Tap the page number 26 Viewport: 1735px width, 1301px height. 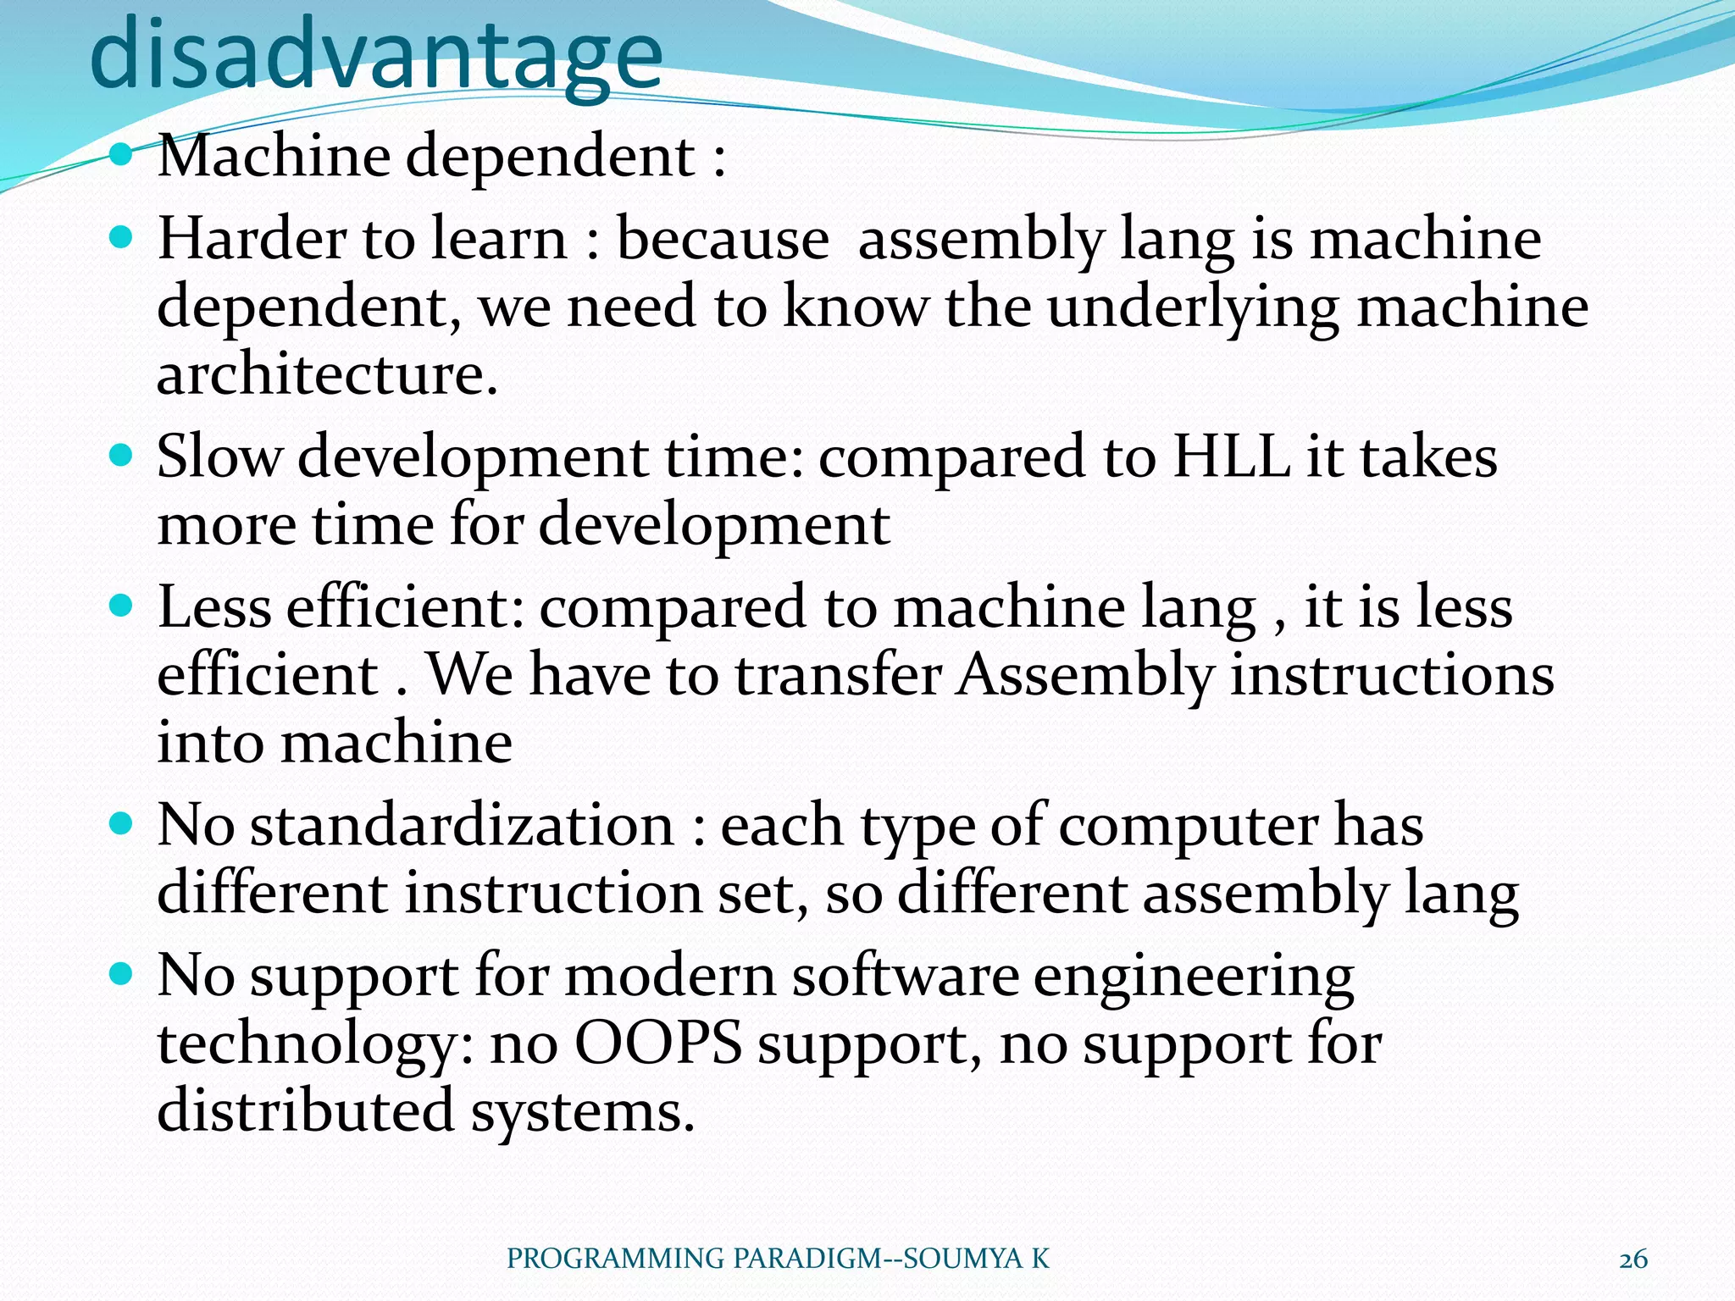[1632, 1259]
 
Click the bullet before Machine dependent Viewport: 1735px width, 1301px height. [122, 155]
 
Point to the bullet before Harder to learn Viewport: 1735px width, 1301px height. [122, 238]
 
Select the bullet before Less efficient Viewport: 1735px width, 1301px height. [122, 606]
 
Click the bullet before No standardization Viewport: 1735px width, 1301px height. [122, 824]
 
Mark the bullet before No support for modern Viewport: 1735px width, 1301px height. [122, 975]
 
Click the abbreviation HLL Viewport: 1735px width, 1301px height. [1231, 457]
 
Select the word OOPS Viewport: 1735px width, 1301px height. [658, 1044]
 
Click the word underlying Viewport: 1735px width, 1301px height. [1193, 308]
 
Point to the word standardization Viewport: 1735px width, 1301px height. [462, 825]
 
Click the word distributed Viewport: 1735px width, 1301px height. [306, 1110]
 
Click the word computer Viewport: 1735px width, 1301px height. [1188, 827]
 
